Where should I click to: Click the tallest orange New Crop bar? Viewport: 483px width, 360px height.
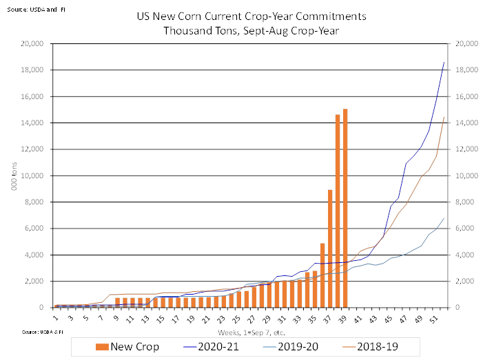point(345,207)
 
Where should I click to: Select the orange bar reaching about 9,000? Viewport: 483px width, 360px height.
point(330,248)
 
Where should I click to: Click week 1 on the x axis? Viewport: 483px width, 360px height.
point(56,319)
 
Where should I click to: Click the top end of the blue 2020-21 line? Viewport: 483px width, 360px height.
point(444,62)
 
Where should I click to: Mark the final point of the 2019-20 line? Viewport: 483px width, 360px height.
point(444,218)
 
